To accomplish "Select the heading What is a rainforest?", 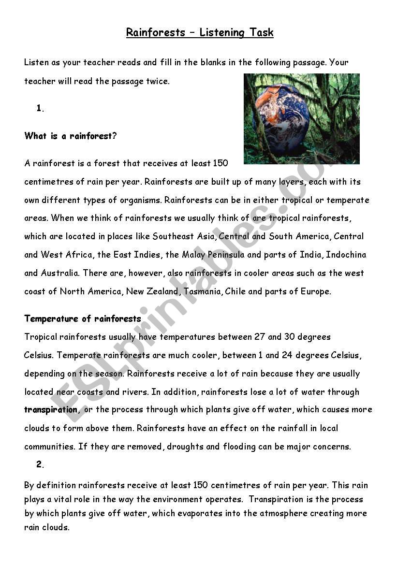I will point(71,136).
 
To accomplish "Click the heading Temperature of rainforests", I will point(83,319).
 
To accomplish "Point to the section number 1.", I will point(40,108).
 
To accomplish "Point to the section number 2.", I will point(40,464).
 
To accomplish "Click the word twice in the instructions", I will point(158,81).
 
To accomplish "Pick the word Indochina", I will point(346,255).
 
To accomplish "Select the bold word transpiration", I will point(51,409).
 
